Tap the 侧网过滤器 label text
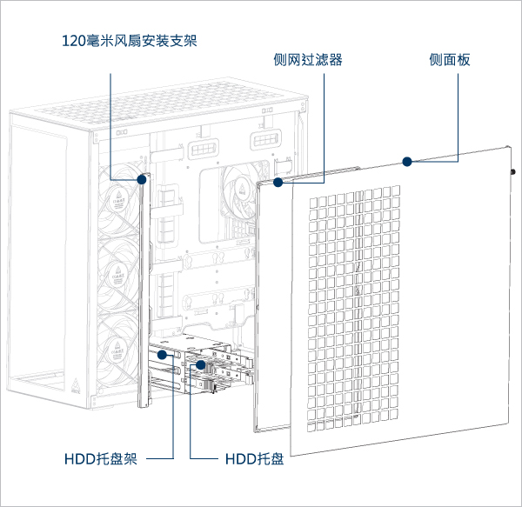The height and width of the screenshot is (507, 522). click(x=307, y=59)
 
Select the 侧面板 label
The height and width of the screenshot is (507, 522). click(x=450, y=59)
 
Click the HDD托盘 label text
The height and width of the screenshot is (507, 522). click(x=254, y=458)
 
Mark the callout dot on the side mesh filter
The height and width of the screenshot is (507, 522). click(x=278, y=183)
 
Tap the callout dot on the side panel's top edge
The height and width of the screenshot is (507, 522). click(x=405, y=161)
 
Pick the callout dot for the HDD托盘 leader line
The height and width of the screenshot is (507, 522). click(x=199, y=366)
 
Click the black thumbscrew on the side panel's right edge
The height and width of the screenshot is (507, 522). click(x=513, y=171)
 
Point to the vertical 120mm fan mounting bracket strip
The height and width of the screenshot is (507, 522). click(x=144, y=287)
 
